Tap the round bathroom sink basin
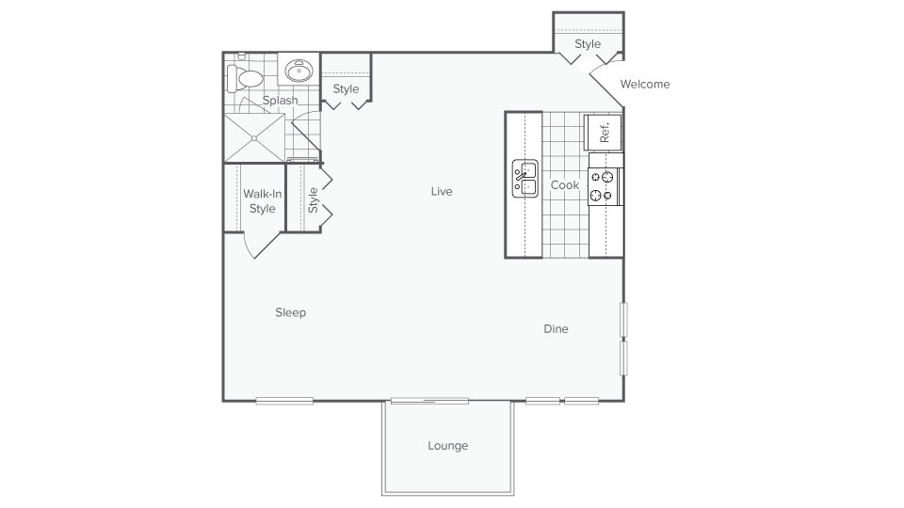coord(300,71)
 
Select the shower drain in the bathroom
coord(253,137)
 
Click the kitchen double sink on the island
coord(525,179)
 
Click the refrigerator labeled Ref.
coord(603,132)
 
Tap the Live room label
coord(442,191)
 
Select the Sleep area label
coord(290,312)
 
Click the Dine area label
coord(556,329)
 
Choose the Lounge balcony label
coord(447,446)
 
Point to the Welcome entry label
coord(645,84)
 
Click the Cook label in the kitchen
coord(564,185)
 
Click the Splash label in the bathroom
coord(280,100)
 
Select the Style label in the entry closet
coord(588,44)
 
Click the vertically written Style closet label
coord(314,199)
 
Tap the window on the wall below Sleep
coord(284,401)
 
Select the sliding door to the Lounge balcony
coord(429,401)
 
